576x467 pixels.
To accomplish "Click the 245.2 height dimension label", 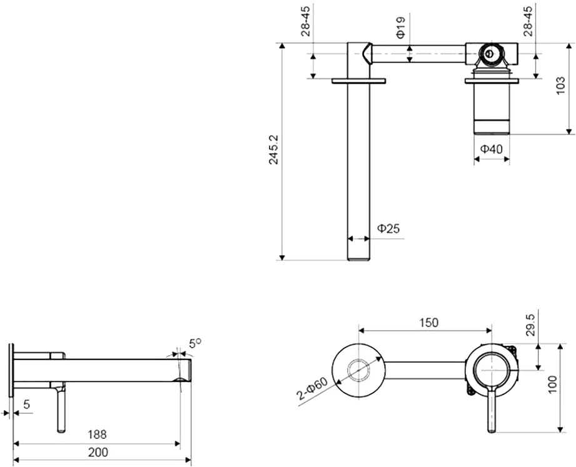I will pos(274,149).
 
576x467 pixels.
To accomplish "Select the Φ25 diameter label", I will pos(388,229).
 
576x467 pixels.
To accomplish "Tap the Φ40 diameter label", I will pos(492,149).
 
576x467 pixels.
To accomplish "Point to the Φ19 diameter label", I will pos(402,28).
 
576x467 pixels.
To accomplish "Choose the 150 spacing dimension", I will pos(428,323).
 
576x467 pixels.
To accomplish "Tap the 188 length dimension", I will pos(97,433).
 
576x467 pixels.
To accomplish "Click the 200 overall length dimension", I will pos(97,452).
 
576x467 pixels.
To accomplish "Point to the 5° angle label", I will pos(195,343).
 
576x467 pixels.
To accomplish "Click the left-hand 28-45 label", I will pos(306,21).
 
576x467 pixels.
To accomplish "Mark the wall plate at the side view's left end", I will pos(11,369).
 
